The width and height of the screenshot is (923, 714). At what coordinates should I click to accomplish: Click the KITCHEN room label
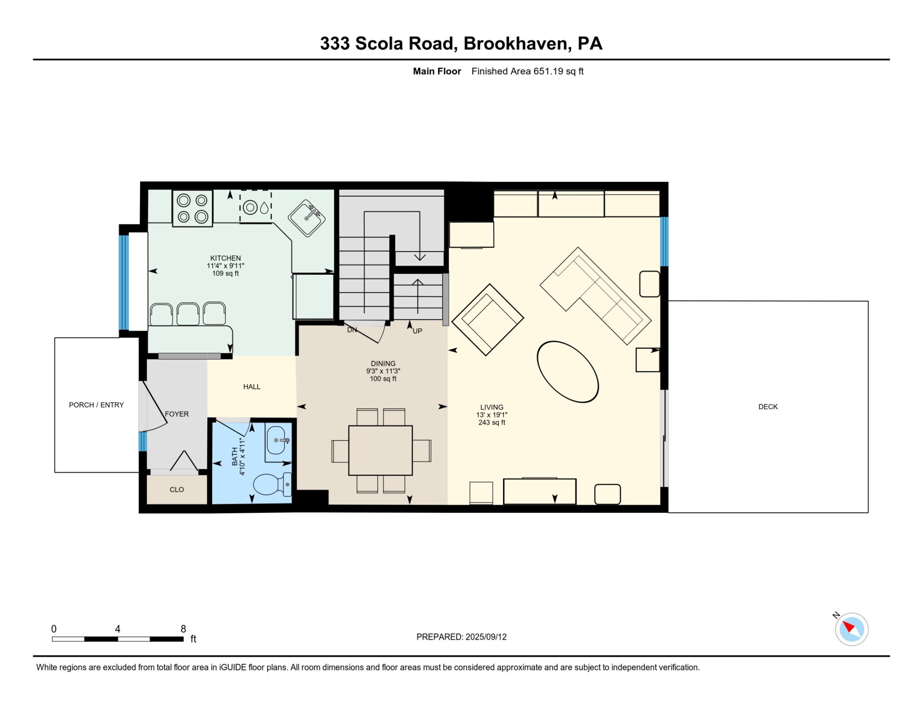[x=225, y=258]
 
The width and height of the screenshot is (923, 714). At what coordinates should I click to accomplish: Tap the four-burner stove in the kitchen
[x=192, y=208]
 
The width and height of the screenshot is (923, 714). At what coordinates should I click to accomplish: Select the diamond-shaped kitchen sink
[x=307, y=218]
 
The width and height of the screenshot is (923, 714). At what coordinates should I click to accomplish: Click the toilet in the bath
[x=272, y=484]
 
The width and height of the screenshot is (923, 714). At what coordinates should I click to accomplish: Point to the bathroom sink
[x=276, y=440]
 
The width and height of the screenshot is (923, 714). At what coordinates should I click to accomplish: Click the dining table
[x=380, y=450]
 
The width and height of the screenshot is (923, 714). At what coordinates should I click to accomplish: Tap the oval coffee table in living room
[x=567, y=371]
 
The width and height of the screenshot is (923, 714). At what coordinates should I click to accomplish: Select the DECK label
[x=768, y=406]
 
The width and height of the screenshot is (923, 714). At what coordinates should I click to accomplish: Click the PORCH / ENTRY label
[x=96, y=405]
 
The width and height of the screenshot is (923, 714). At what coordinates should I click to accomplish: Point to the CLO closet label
[x=177, y=489]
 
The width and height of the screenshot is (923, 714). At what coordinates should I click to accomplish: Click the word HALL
[x=251, y=387]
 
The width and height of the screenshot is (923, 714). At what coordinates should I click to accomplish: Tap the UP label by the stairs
[x=417, y=331]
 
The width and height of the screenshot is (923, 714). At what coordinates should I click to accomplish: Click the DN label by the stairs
[x=352, y=330]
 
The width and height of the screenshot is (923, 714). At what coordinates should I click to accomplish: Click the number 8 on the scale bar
[x=183, y=628]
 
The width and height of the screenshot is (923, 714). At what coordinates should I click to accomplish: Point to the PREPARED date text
[x=461, y=636]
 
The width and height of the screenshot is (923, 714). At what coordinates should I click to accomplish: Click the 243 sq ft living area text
[x=492, y=423]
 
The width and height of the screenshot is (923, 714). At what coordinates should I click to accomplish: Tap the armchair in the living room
[x=488, y=319]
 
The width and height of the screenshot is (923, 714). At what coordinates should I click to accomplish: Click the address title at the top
[x=461, y=43]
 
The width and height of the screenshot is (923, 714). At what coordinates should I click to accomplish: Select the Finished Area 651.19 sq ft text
[x=527, y=71]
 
